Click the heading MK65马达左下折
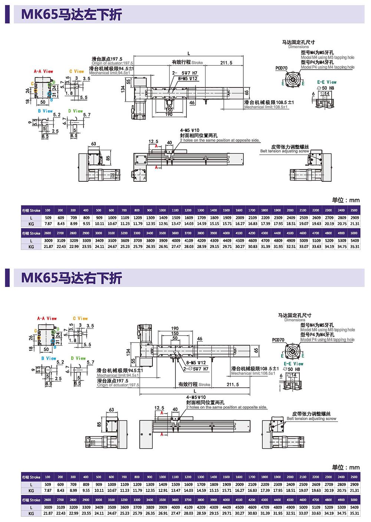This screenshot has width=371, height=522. point(72,14)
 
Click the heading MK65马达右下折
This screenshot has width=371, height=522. point(72,278)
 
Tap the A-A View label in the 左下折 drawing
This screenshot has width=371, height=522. point(43,71)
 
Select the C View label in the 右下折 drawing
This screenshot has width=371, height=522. point(80,318)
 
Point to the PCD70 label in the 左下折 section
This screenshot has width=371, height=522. point(281,68)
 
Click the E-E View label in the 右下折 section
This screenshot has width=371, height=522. point(293,364)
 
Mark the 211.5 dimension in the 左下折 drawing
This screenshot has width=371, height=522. point(226,63)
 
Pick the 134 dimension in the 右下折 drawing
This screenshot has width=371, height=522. point(128,351)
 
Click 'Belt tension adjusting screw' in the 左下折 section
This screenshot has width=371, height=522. point(285,151)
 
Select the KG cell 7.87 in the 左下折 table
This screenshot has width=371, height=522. point(48,224)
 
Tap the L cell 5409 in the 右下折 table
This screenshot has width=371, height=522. point(354,507)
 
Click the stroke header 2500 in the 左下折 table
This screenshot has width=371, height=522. point(354,210)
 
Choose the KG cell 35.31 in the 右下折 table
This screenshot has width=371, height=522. point(354,513)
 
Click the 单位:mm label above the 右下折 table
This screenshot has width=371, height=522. point(345,467)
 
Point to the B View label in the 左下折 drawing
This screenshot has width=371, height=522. point(45,111)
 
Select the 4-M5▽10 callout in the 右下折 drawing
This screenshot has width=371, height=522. point(196,397)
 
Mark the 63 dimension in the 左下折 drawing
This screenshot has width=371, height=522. point(93,144)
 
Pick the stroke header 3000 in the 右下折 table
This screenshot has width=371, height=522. point(99,500)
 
